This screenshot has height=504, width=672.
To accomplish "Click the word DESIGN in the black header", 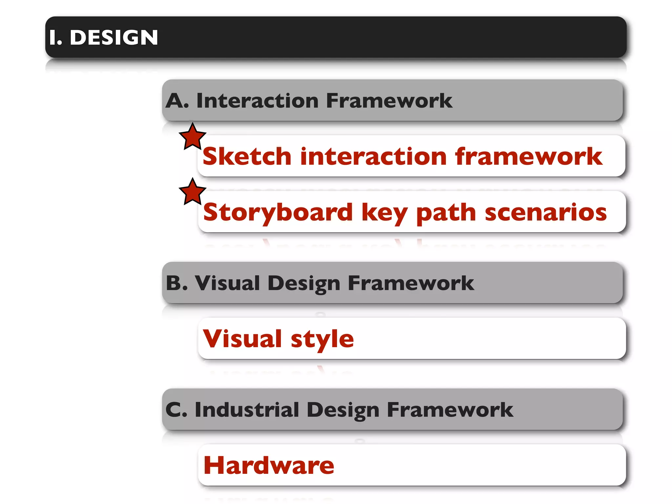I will tap(114, 37).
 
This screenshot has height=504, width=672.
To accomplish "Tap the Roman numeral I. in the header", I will tap(55, 37).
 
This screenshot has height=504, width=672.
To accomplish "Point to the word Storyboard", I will tap(278, 212).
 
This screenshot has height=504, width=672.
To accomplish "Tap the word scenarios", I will tap(546, 212).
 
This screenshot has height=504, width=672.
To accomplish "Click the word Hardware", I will tap(269, 465).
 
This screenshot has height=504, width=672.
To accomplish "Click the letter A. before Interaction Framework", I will tap(177, 100).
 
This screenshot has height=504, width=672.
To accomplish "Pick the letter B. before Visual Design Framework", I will tap(177, 283).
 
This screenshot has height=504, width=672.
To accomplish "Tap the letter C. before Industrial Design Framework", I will tap(176, 409).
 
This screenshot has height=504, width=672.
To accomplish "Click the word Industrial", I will tap(247, 409).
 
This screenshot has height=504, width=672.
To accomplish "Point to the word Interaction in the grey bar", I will tap(257, 100).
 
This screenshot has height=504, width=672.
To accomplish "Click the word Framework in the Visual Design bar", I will tap(410, 283).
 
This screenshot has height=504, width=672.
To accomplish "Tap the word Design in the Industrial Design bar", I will tap(343, 410).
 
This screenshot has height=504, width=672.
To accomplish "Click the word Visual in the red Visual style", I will tap(242, 339).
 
